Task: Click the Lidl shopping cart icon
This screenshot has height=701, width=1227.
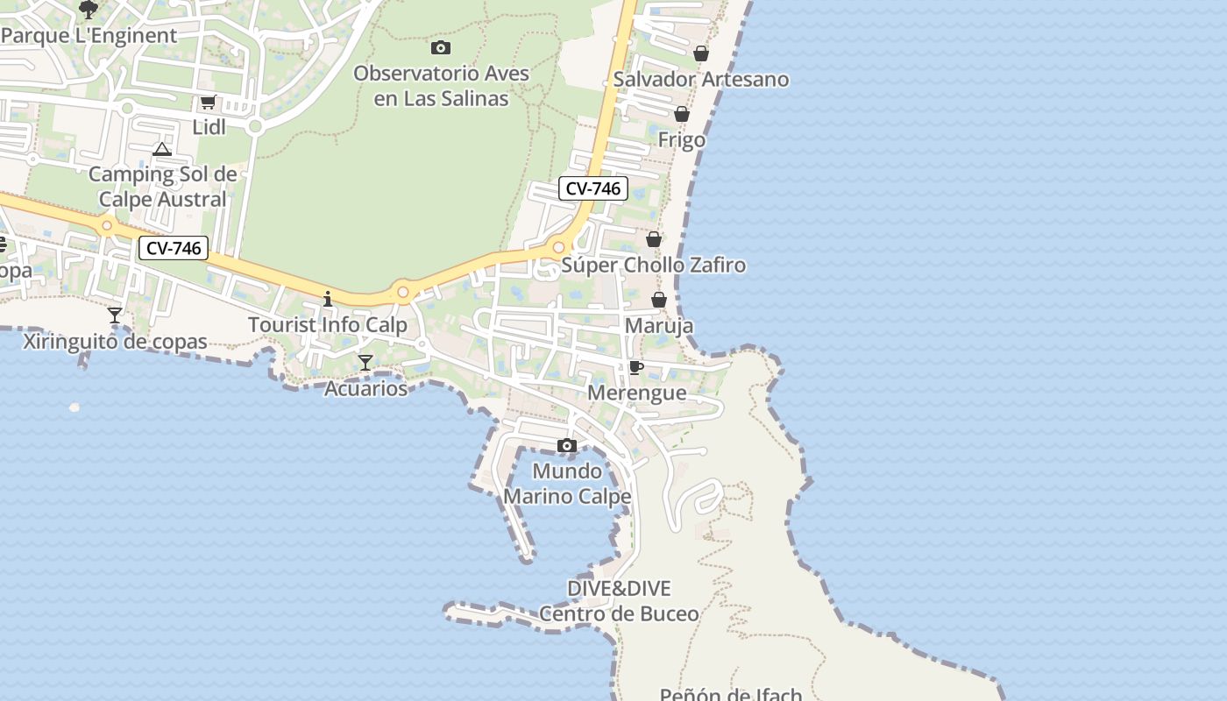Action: point(208,102)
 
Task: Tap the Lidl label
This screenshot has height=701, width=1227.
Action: point(209,127)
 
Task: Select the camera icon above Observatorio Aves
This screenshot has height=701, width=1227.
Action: point(441,47)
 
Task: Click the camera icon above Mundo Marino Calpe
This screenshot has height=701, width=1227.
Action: point(567,445)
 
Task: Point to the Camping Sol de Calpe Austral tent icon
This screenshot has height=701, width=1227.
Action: point(162,149)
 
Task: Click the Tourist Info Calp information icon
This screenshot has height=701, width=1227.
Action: point(328,300)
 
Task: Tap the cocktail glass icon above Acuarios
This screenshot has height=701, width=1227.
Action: point(365,362)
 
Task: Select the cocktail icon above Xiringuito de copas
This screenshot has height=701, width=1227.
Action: point(115,315)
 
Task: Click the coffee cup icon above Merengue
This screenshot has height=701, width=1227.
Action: point(636,367)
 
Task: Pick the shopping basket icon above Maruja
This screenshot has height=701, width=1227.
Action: point(659,301)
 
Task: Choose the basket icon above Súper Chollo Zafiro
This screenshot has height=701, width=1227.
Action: point(654,239)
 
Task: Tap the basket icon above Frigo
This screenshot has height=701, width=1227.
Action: point(682,114)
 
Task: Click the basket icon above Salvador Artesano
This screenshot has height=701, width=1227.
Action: point(701,53)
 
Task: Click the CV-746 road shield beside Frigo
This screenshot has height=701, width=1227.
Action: point(593,188)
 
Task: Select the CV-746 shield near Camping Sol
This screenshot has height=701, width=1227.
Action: point(174,249)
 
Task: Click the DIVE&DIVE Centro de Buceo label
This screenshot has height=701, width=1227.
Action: point(619,601)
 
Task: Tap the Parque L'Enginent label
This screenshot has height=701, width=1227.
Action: point(89,36)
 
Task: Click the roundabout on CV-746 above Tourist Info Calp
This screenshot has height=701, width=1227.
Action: point(403,292)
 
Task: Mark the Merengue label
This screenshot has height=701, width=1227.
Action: point(637,393)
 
